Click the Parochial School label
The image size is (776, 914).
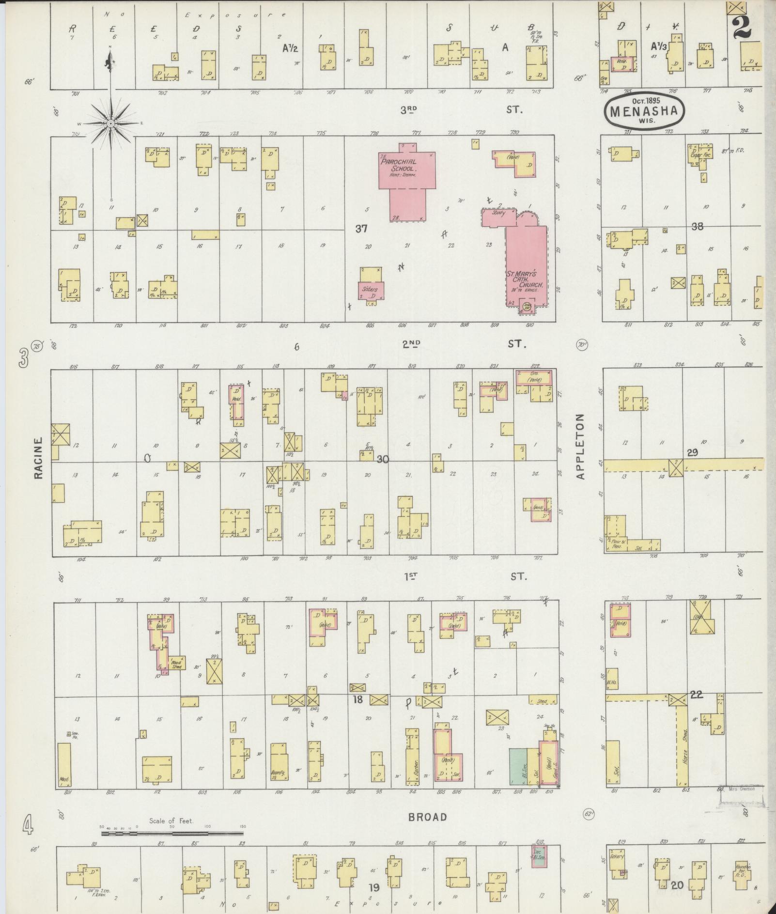(399, 165)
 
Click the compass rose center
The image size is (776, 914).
(111, 124)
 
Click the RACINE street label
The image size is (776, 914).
(39, 458)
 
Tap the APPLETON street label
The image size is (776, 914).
(581, 446)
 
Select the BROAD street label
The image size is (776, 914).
(427, 817)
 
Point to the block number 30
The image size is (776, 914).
(383, 459)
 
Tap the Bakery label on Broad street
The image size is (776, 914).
(617, 855)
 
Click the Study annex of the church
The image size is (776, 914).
(498, 213)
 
